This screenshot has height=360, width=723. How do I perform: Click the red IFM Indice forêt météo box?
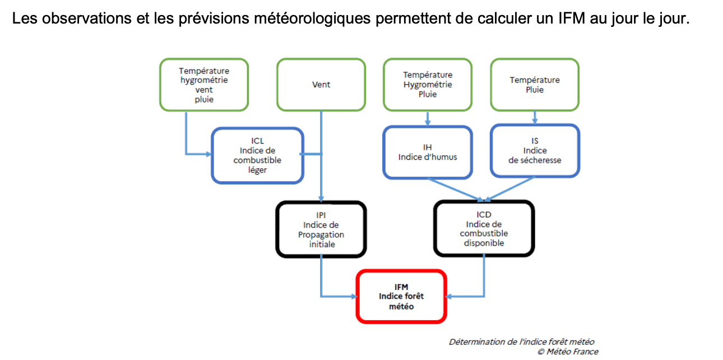coord(401,296)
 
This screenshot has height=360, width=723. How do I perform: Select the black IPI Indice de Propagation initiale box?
coord(321,229)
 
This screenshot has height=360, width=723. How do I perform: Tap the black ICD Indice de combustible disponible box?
coord(484,229)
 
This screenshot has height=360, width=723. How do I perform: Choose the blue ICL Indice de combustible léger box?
coord(257,155)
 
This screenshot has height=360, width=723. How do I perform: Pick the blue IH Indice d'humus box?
coord(428,151)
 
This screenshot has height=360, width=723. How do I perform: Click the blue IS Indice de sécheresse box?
coord(535,151)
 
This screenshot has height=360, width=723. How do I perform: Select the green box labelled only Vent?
coord(321,85)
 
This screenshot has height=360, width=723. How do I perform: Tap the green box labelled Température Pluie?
coord(535,85)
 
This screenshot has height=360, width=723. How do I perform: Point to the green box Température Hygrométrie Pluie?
coord(428,84)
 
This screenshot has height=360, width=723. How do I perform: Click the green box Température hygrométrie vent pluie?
coord(204,85)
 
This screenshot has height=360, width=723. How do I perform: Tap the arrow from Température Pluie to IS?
coord(535,117)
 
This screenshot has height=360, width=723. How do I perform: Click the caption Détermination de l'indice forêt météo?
coord(521,341)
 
